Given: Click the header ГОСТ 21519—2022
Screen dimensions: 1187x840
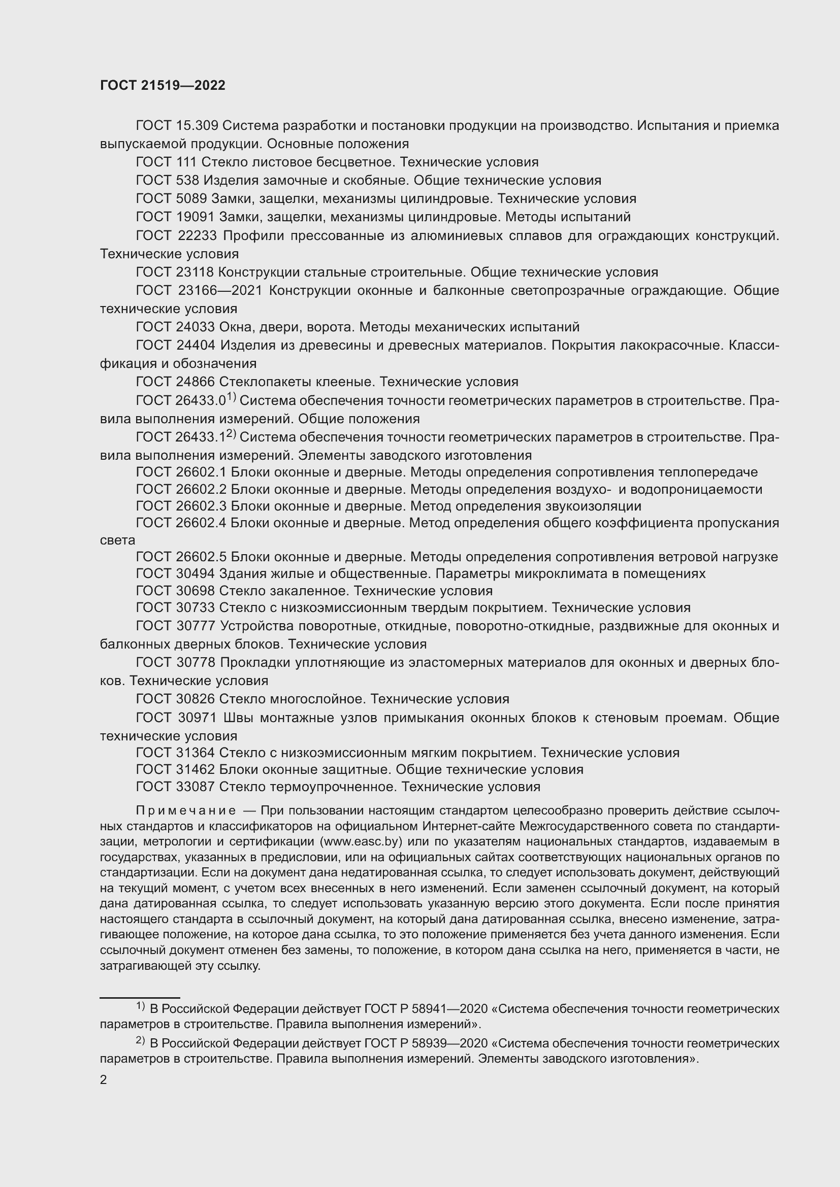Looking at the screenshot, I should coord(163,85).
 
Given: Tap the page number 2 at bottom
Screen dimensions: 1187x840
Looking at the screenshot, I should coord(104,1080).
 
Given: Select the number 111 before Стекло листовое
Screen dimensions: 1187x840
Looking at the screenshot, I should coord(186,162).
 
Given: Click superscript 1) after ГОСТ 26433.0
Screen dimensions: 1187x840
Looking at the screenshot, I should coord(231,397).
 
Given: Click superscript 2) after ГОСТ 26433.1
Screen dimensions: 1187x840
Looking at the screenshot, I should coord(231,434).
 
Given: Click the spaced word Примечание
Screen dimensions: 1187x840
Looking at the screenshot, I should coord(186,811).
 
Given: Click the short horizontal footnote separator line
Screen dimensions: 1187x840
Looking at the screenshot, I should coord(140,997).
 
